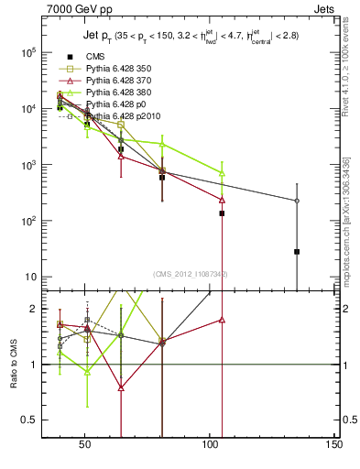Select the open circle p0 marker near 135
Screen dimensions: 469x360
tap(297, 201)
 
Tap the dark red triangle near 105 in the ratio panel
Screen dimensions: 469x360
tap(222, 320)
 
